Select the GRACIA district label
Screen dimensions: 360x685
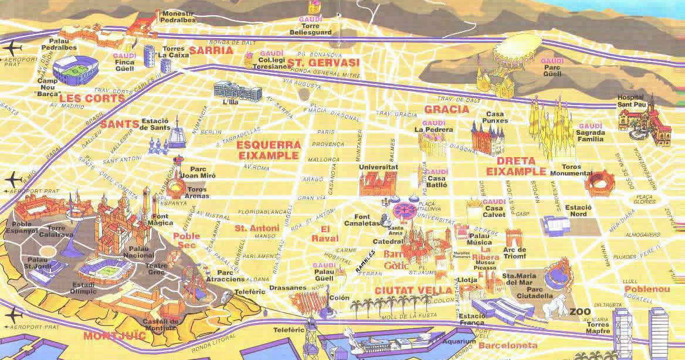[447, 110]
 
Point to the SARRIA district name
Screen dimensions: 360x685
[211, 50]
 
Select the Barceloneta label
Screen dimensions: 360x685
[507, 345]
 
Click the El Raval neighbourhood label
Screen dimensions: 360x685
[329, 234]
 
